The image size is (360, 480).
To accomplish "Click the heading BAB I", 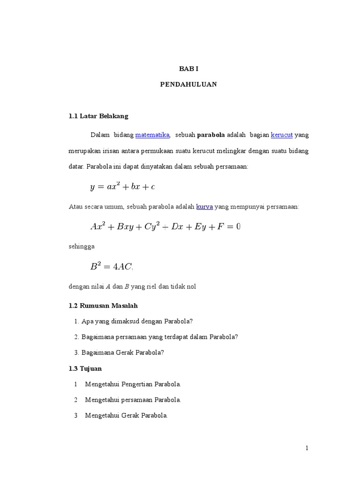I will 189,69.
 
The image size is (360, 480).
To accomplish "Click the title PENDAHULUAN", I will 189,85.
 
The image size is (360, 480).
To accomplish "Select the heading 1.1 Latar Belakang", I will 98,116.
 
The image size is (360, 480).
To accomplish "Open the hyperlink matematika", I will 152,135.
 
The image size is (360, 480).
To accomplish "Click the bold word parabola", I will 211,135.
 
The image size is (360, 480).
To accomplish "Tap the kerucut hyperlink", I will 282,135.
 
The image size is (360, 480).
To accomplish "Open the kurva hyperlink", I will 204,206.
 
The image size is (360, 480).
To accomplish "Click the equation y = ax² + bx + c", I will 123,187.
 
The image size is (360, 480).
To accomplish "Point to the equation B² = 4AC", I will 112,267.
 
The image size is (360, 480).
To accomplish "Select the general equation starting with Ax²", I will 165,226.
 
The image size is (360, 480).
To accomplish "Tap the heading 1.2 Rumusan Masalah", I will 103,306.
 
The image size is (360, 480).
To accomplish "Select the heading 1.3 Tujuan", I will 85,368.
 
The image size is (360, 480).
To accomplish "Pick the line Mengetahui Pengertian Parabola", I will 133,384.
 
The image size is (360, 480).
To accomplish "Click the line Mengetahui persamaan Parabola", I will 133,400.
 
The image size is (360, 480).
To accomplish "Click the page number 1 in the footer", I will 307,448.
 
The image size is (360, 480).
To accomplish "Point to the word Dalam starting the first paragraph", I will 99,135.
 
